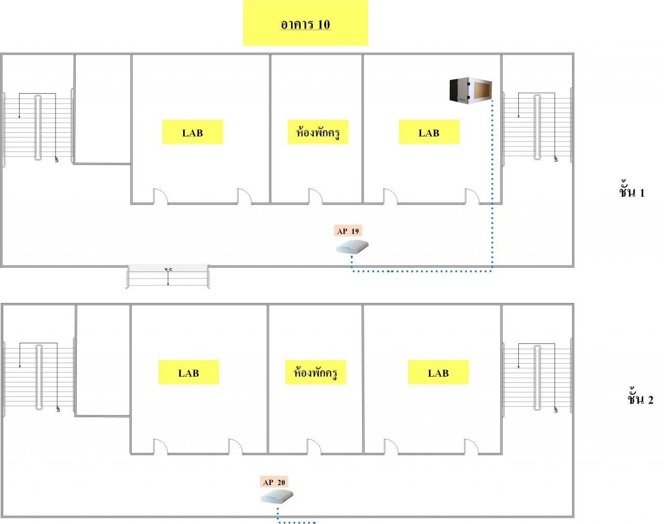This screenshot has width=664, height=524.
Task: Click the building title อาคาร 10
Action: click(305, 24)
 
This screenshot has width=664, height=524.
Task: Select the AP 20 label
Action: click(274, 482)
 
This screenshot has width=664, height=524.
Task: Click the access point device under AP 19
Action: click(352, 247)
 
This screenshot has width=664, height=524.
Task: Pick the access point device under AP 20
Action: click(277, 498)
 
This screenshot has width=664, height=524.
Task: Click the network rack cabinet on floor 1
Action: click(470, 90)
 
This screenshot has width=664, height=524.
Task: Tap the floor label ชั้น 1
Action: click(631, 192)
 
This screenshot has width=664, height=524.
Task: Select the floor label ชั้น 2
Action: click(640, 399)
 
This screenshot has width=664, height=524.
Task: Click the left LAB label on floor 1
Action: click(192, 133)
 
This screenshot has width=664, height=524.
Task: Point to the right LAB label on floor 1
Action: click(428, 133)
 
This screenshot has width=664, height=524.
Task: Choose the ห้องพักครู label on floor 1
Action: click(317, 133)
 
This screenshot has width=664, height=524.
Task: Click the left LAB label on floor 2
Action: click(188, 373)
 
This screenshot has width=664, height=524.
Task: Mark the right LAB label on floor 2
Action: click(438, 373)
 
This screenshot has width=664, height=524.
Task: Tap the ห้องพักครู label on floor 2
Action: click(315, 373)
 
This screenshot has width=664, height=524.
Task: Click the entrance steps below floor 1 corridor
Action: click(168, 275)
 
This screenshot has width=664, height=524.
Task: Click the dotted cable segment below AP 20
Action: click(296, 521)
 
